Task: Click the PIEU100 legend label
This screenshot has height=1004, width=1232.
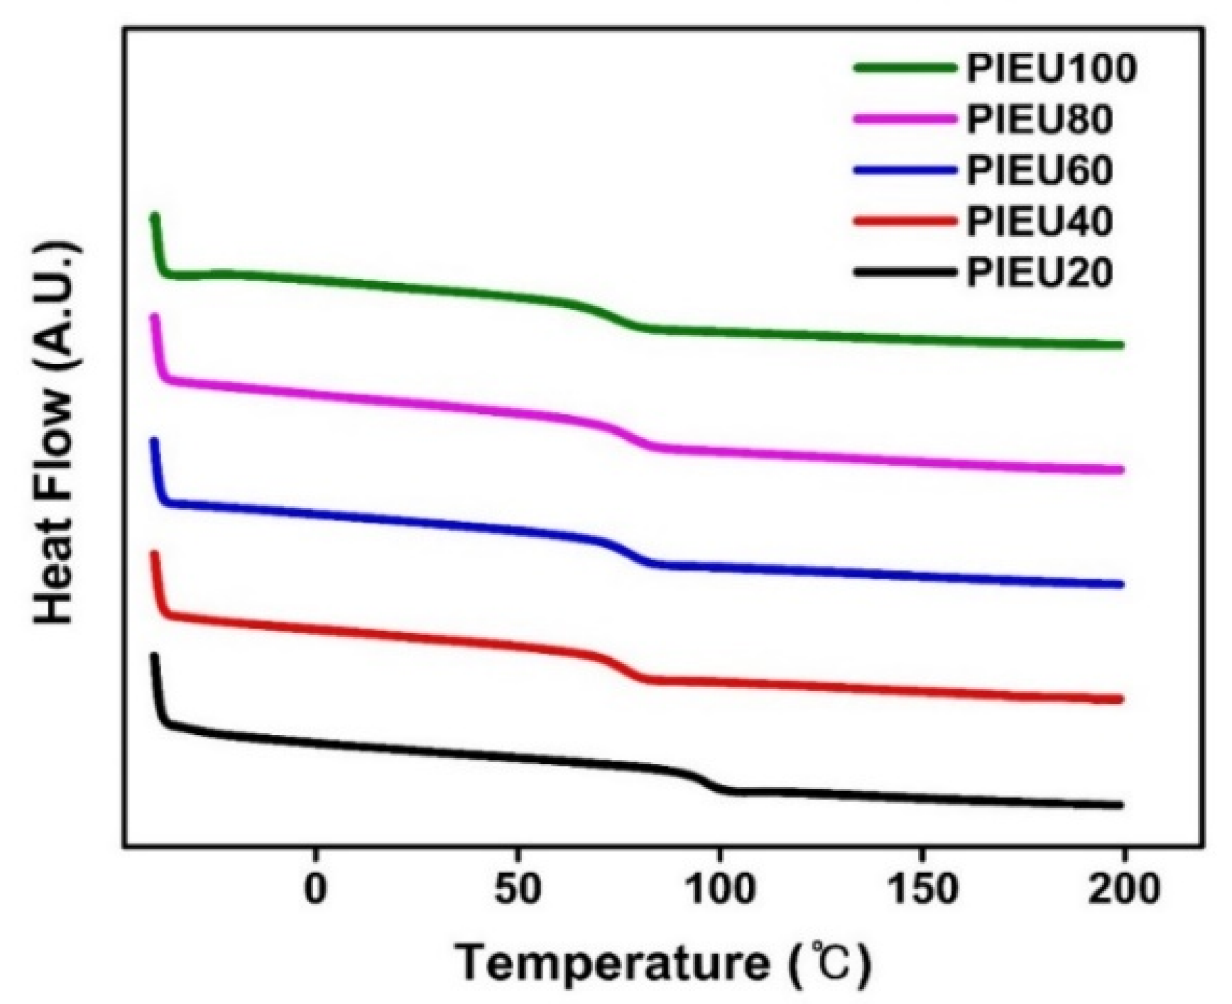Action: tap(1052, 69)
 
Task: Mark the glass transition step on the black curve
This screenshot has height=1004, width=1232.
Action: tap(703, 780)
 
